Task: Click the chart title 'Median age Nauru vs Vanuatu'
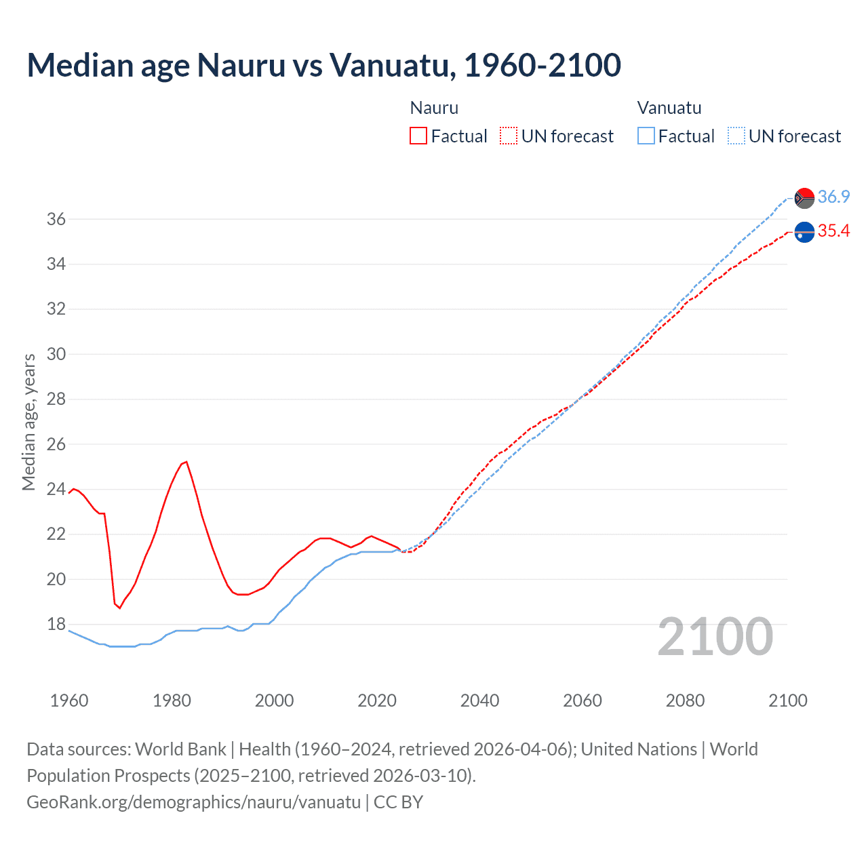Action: pos(323,65)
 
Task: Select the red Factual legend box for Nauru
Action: pos(418,136)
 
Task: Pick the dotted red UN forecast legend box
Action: pos(508,136)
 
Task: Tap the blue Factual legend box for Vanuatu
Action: pos(646,136)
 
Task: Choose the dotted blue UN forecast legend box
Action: pos(736,136)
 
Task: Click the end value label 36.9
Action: pos(833,197)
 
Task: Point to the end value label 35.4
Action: pos(833,231)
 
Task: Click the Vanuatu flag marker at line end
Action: pos(804,198)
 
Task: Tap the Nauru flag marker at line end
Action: pos(804,232)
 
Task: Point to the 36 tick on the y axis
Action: pos(56,219)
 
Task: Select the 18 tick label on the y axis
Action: pos(56,624)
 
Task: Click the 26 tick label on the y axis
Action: pos(56,444)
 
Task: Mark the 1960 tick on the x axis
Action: pos(69,701)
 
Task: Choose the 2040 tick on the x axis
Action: pos(479,701)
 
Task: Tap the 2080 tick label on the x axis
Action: pos(685,701)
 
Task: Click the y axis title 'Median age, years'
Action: pos(28,422)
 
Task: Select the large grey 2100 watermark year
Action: pos(715,637)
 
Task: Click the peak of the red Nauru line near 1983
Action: pos(186,462)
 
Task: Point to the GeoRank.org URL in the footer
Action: pos(193,802)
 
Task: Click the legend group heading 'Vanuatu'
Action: pos(669,108)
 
